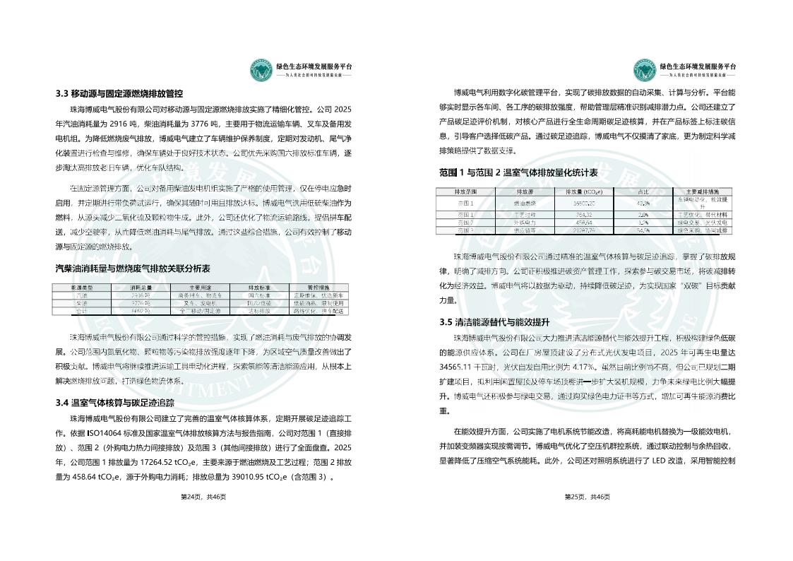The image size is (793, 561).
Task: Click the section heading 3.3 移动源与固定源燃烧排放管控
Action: (119, 93)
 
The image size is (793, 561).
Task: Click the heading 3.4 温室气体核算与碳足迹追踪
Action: (115, 403)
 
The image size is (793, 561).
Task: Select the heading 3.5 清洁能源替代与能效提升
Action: (501, 322)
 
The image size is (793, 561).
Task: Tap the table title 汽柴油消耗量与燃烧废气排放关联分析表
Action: (133, 269)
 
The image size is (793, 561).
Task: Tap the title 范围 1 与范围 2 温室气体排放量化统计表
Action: (518, 172)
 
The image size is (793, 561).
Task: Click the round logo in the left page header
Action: (263, 69)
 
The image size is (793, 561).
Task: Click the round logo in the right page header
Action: (645, 69)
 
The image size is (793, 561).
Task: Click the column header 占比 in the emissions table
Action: (643, 191)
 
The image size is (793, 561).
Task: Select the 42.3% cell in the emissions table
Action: (643, 203)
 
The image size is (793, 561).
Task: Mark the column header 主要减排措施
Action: (702, 191)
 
